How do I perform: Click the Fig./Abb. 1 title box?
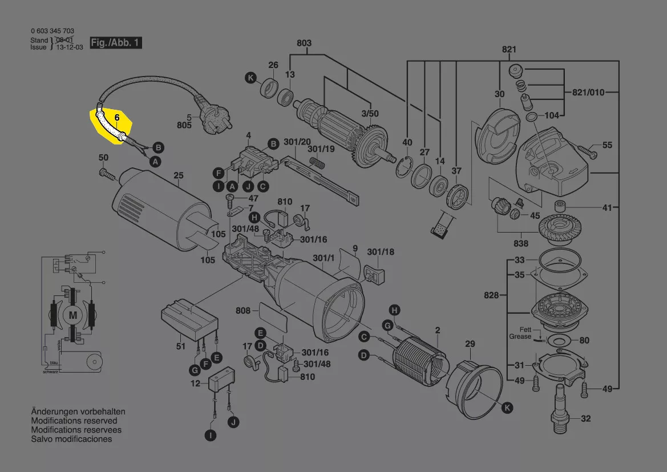point(116,43)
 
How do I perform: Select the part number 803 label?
point(304,43)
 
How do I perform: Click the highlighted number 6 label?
point(117,118)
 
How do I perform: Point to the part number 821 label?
point(509,49)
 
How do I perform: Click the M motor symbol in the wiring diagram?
point(73,314)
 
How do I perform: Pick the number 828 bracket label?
point(491,295)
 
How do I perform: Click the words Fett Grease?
point(520,333)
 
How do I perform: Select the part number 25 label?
point(179,176)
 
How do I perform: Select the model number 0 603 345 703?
point(52,31)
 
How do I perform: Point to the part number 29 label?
point(470,344)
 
